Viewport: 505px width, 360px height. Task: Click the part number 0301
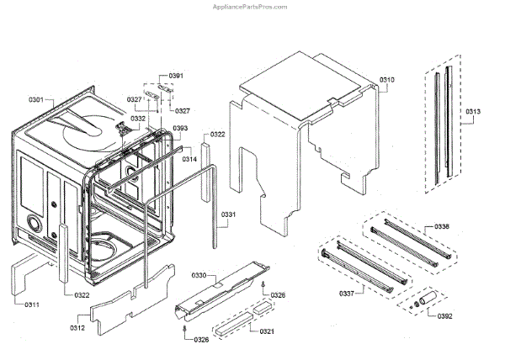coord(35,100)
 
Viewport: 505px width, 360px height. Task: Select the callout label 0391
coord(176,77)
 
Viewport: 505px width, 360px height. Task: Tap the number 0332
coord(137,119)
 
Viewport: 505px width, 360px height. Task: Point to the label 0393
coord(180,129)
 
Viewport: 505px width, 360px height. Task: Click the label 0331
coord(228,214)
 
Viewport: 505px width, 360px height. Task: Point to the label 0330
coord(199,275)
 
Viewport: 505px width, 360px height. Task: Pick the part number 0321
coord(267,331)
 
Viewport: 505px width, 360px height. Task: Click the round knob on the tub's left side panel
coord(35,225)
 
